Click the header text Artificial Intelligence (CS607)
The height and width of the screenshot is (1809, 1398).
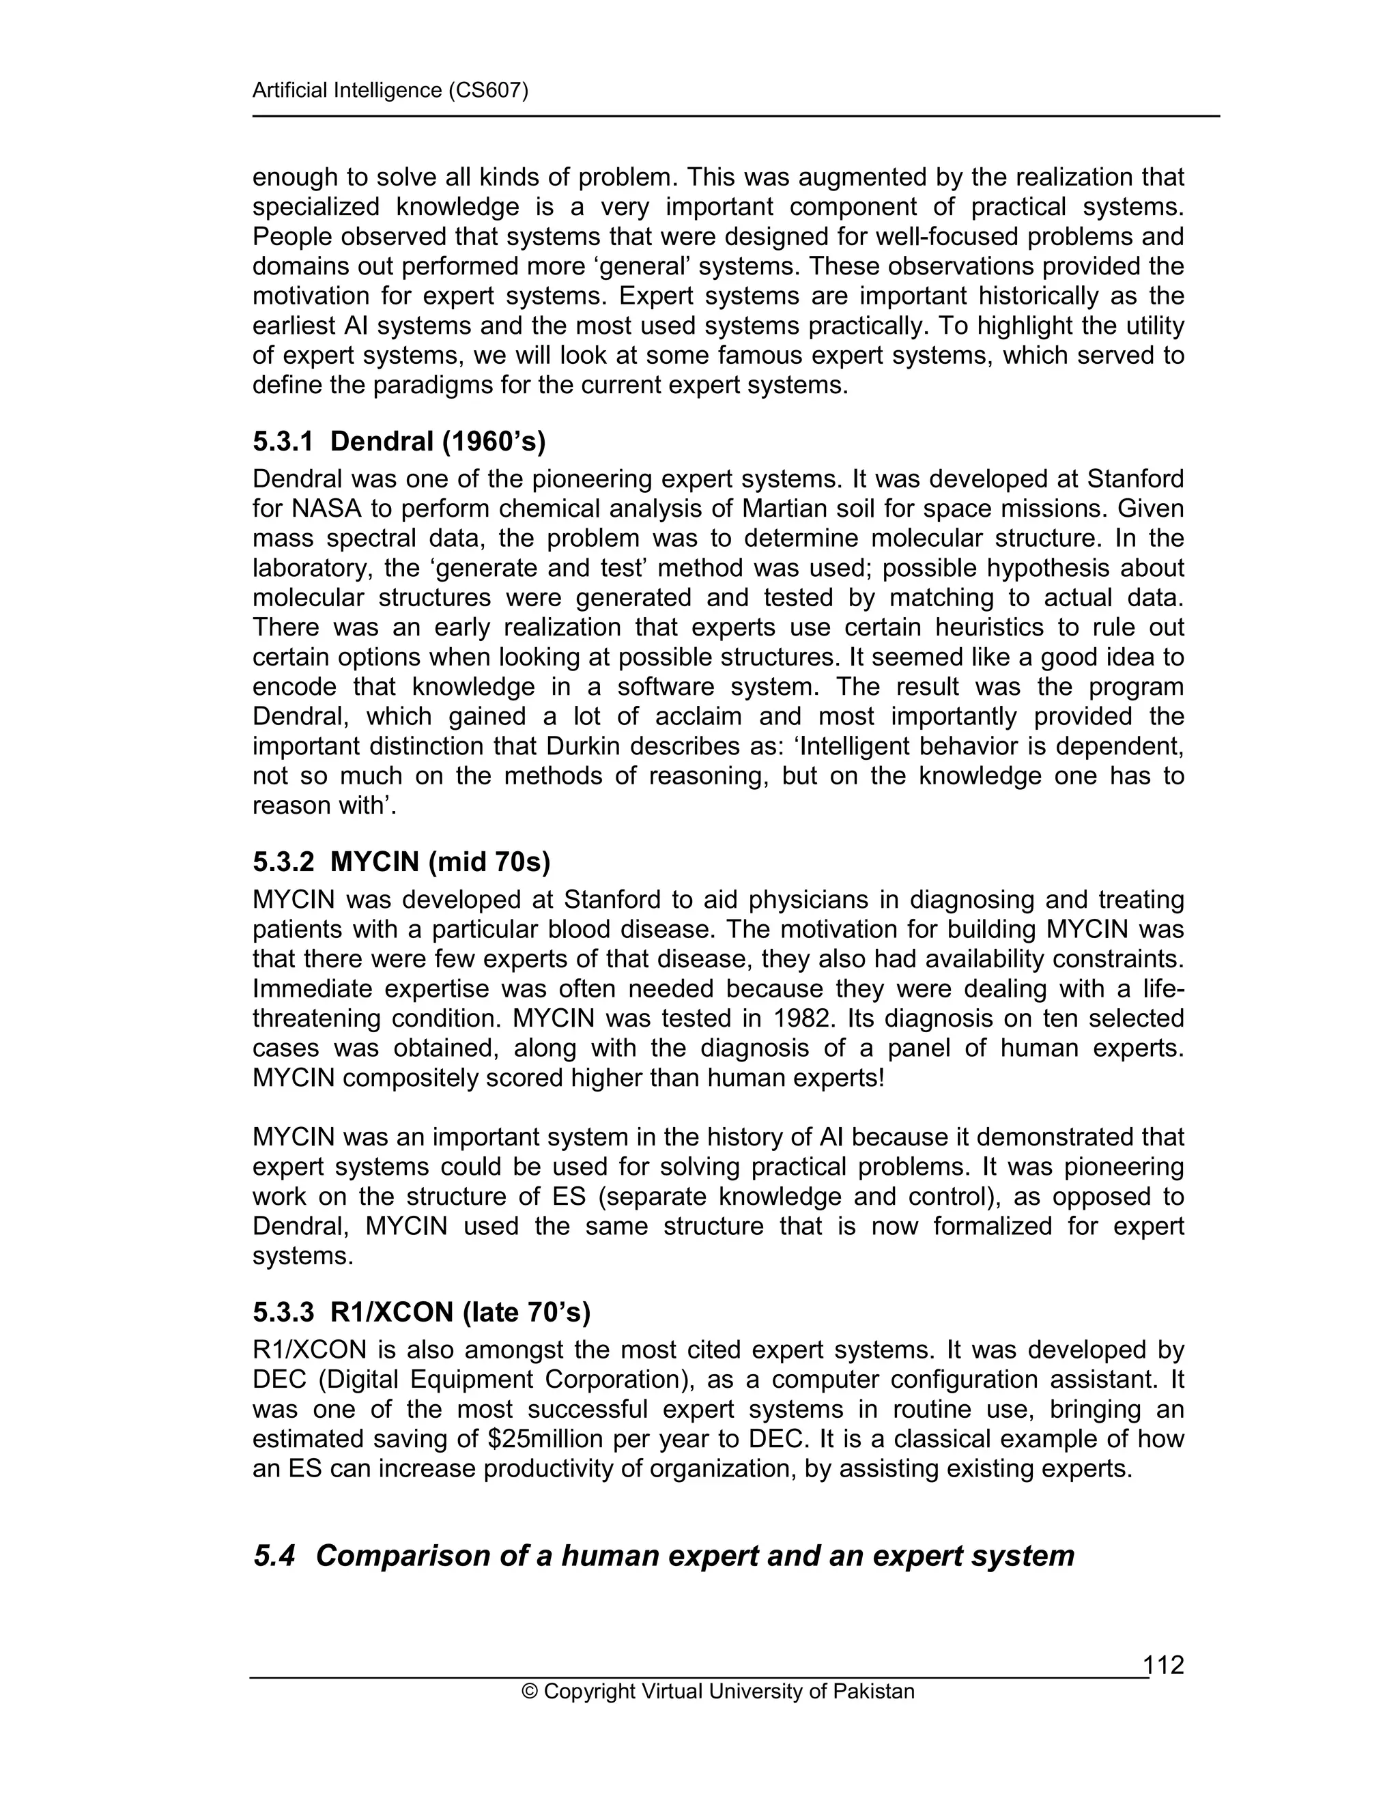tap(390, 90)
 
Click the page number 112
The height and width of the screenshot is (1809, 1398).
tap(1164, 1664)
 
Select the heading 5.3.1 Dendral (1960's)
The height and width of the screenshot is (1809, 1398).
tap(399, 442)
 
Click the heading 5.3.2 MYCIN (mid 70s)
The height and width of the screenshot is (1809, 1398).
tap(401, 862)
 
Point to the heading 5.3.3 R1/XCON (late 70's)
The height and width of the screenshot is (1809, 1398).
tap(422, 1313)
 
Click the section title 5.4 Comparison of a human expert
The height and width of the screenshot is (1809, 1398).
tap(664, 1556)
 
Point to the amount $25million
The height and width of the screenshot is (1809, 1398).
tap(548, 1439)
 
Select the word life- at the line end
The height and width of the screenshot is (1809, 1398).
tap(1162, 988)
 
